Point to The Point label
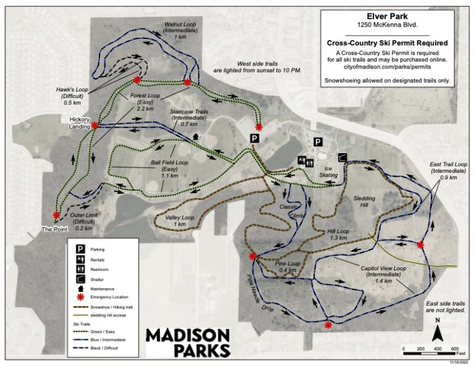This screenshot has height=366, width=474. [54, 229]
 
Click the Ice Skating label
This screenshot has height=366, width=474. [328, 171]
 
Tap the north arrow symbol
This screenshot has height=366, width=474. [438, 333]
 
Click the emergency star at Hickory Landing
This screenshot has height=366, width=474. [95, 125]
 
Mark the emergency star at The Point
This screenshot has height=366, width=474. [57, 215]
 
